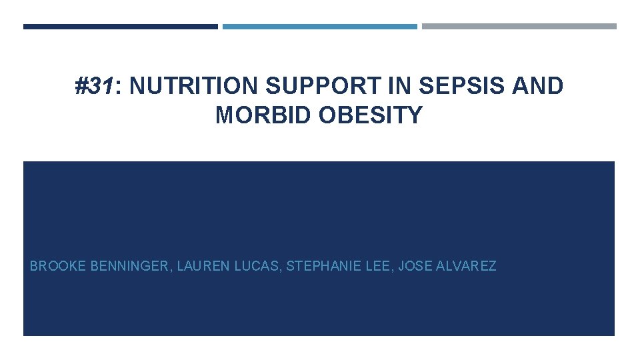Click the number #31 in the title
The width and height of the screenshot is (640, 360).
(95, 87)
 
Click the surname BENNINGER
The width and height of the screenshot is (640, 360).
(129, 267)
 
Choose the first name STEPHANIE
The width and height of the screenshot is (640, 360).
(323, 267)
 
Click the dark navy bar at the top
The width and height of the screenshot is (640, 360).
(120, 27)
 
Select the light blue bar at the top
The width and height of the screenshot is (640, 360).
(319, 27)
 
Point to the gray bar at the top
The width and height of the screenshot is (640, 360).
(519, 27)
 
